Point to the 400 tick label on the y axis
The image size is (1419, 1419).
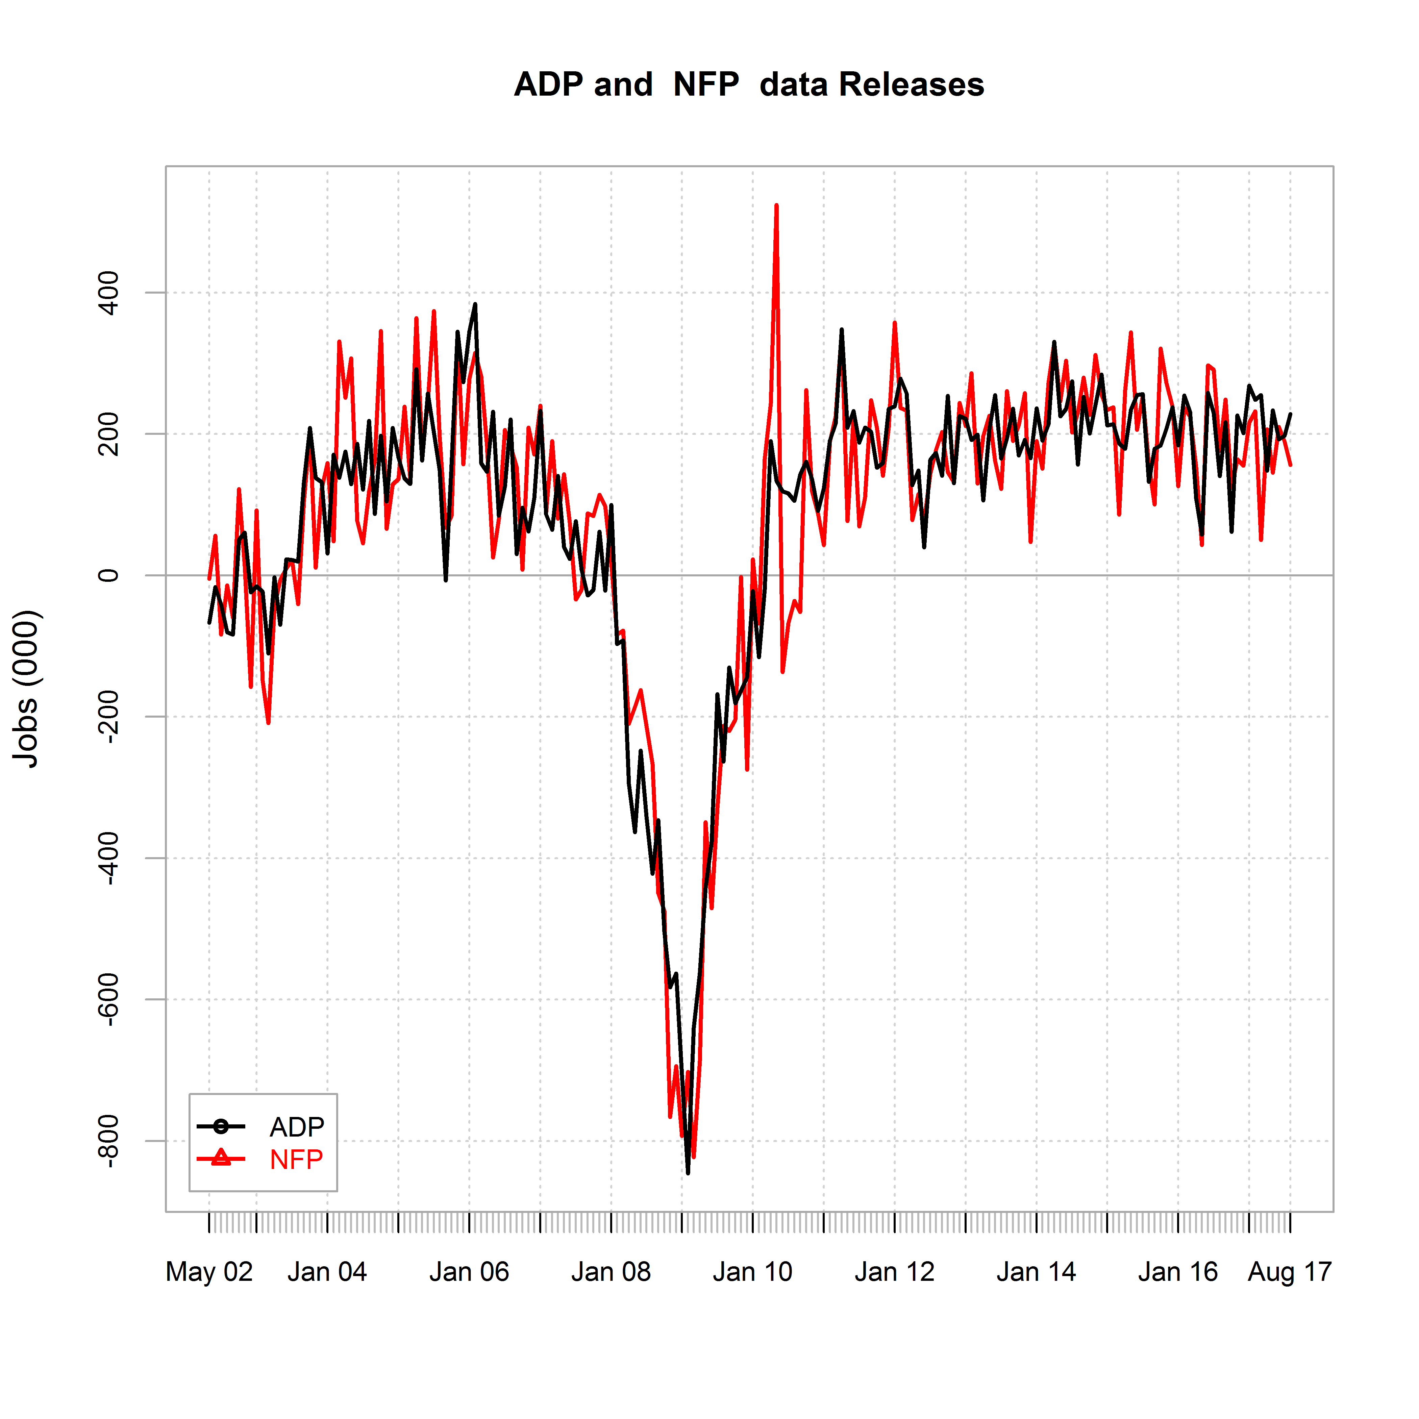pos(109,292)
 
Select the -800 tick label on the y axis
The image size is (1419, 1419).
pos(109,1141)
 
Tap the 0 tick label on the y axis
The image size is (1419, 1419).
pos(109,575)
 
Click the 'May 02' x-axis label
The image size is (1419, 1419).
pos(209,1271)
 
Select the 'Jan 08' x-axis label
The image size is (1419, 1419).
pos(611,1271)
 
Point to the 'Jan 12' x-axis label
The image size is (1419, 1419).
pos(895,1271)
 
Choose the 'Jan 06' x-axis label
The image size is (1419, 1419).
pos(469,1271)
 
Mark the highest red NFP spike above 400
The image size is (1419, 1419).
pos(776,206)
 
